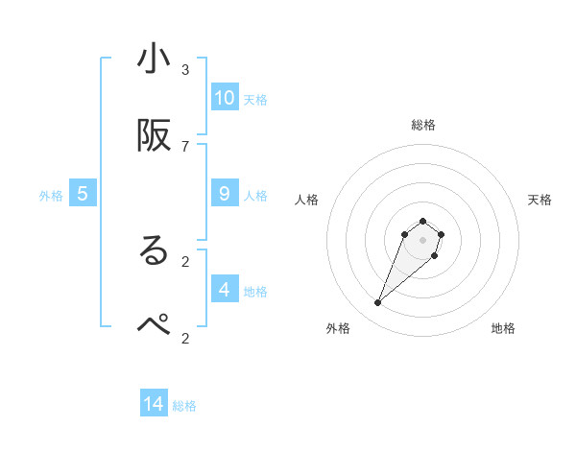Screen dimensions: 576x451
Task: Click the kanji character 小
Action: (x=154, y=59)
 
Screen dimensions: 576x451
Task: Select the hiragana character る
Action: (x=154, y=250)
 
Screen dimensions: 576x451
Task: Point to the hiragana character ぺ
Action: (x=154, y=326)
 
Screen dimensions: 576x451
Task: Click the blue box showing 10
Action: (x=225, y=98)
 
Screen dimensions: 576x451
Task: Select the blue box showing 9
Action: (x=225, y=194)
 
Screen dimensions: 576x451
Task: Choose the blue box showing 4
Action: (x=225, y=289)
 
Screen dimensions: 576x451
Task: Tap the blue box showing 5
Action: (x=83, y=194)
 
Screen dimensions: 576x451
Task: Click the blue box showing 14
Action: (x=154, y=404)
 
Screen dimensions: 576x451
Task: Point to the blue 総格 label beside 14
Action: (x=184, y=406)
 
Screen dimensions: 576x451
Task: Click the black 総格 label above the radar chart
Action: (x=422, y=125)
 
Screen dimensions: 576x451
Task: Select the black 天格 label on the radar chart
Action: (x=540, y=200)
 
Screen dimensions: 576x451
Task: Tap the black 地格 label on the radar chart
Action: (x=503, y=328)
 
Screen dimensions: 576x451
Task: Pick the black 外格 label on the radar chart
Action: (x=338, y=328)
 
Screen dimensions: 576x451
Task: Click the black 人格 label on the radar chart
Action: (x=307, y=200)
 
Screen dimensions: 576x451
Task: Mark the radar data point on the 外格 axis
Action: (x=378, y=303)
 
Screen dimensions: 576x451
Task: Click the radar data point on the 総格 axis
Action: (x=422, y=219)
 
